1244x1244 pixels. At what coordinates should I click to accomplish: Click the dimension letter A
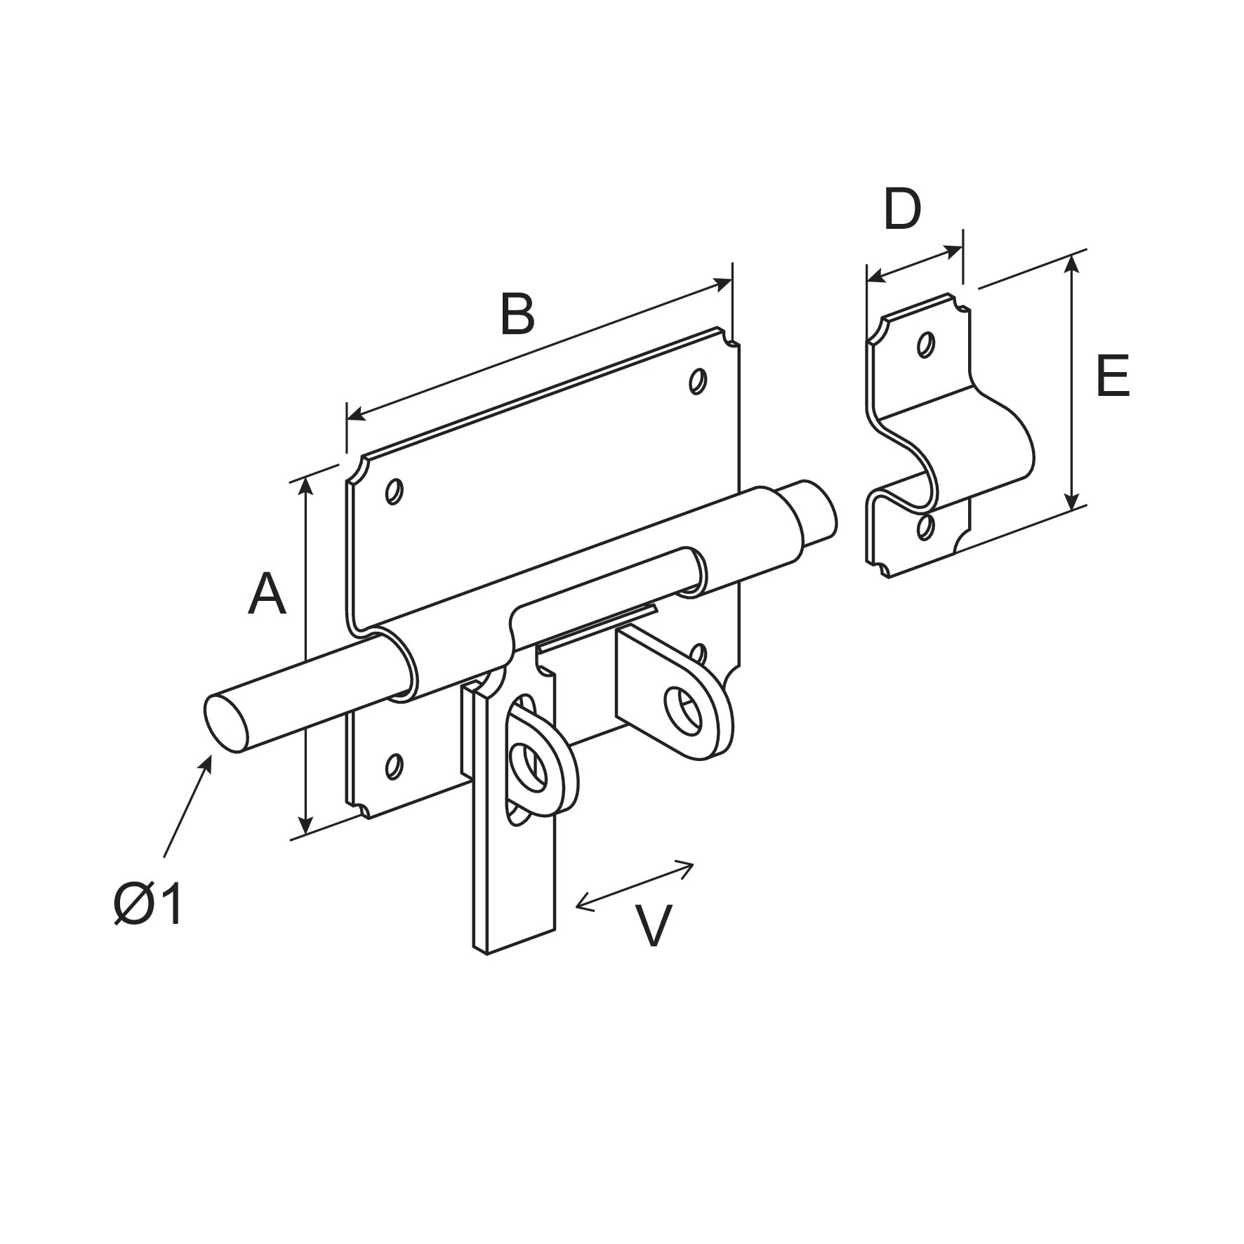tap(267, 595)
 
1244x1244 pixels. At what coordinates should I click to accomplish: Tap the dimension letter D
tap(901, 209)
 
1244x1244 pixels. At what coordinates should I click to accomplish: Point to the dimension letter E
tap(1112, 377)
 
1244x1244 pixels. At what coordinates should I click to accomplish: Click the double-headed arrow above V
tap(635, 885)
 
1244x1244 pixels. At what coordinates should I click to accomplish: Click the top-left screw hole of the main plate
tap(395, 491)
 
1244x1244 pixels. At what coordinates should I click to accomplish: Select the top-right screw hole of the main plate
tap(697, 381)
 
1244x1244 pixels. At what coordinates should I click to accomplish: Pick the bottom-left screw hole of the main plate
tap(395, 766)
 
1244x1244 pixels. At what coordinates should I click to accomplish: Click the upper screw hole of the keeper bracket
tap(926, 344)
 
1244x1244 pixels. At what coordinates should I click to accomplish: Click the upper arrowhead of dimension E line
tap(1071, 263)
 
